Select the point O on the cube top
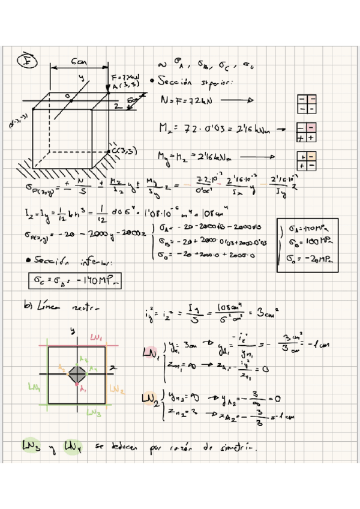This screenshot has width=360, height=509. (x=68, y=95)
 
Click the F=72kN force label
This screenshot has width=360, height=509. (x=125, y=78)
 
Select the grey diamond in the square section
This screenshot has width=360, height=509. (x=77, y=374)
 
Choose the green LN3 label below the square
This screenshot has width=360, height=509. (x=94, y=413)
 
